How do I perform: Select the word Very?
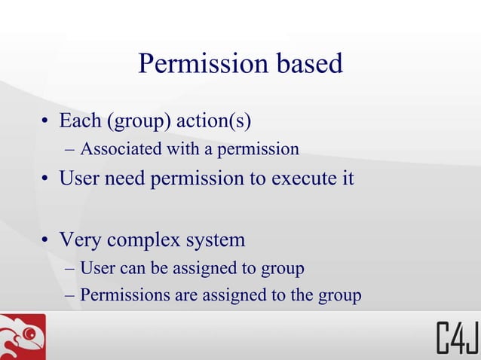[81, 240]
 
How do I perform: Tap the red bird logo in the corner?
[23, 337]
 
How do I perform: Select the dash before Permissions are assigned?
[71, 296]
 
